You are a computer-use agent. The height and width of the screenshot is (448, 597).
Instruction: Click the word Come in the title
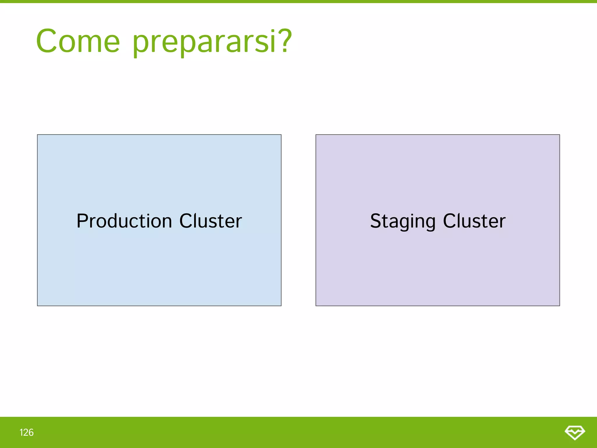pos(78,41)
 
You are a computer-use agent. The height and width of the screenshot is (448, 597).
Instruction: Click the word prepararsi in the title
pos(204,42)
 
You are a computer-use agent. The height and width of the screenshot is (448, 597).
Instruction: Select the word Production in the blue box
pos(124,221)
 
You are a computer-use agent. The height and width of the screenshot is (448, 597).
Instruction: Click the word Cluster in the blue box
pos(210,221)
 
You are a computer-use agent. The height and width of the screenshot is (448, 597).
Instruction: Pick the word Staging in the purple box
pos(403,221)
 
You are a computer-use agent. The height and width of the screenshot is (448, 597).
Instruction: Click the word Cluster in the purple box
pos(474,221)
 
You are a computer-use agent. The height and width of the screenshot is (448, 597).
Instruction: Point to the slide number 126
pos(27,433)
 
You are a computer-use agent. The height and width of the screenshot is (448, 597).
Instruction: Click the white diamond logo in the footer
pos(575,433)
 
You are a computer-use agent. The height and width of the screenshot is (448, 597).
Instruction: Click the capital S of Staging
pos(376,221)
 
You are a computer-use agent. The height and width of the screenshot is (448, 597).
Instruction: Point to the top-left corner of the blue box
pos(38,135)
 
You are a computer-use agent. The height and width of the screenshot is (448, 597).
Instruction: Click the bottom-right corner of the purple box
pos(559,305)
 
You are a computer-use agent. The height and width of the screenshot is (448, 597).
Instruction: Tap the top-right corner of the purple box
pos(559,135)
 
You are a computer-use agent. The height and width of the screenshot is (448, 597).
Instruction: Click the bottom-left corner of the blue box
pos(38,305)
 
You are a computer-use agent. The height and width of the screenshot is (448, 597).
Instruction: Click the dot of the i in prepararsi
pos(273,31)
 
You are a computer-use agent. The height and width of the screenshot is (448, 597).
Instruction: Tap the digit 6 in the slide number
pos(31,433)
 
